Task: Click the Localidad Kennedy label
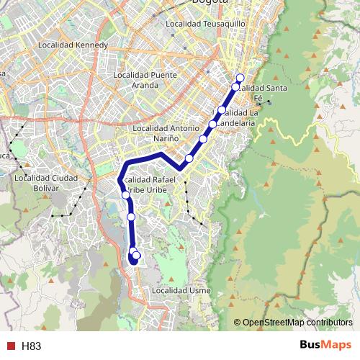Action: tap(76, 45)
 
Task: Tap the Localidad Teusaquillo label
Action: tap(206, 24)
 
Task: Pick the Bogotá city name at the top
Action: tap(210, 2)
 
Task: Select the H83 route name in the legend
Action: tap(32, 346)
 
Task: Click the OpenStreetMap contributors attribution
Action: tap(297, 323)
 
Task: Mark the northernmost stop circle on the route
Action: tap(240, 78)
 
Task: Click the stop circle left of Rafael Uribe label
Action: tap(126, 194)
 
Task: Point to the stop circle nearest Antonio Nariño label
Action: tap(204, 139)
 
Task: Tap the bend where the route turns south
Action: tap(120, 178)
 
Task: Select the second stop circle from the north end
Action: tap(235, 86)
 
